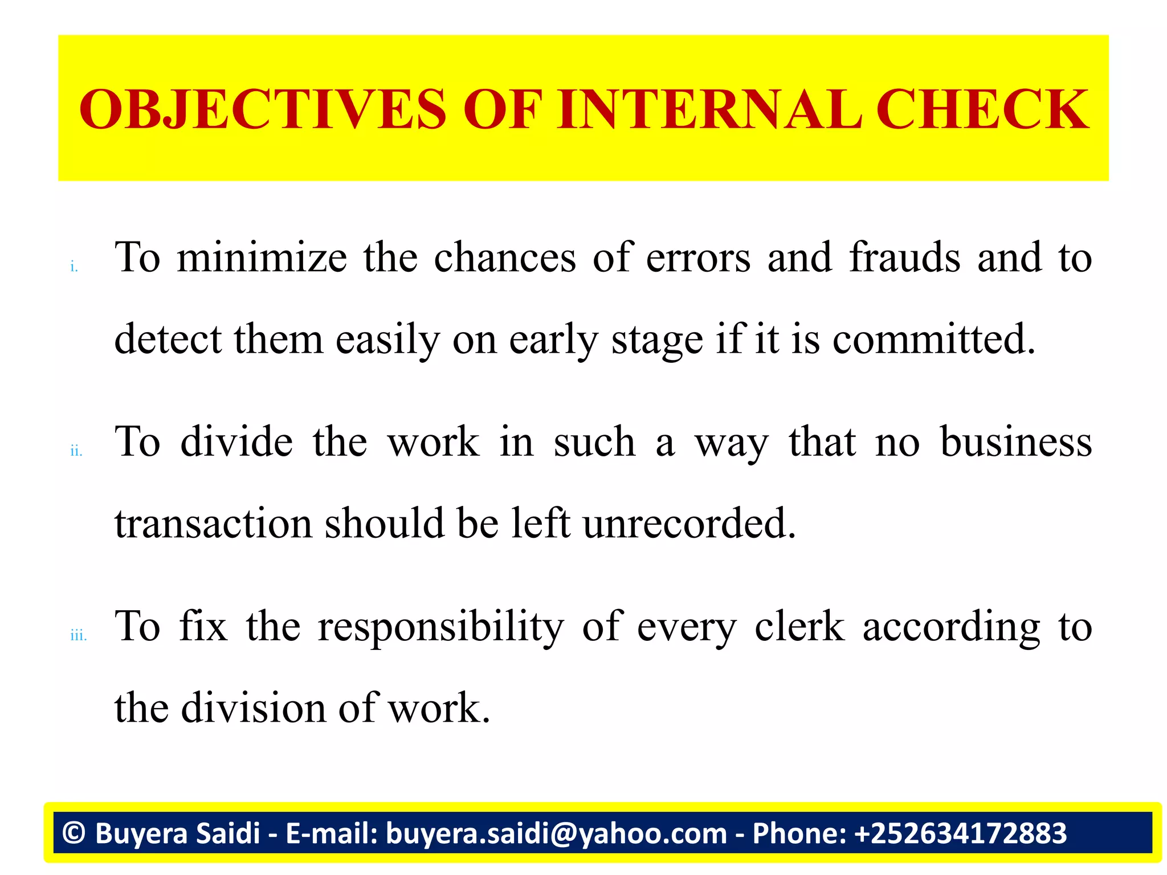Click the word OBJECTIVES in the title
263,109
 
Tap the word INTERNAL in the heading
709,109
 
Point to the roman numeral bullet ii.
76,451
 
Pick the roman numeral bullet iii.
79,636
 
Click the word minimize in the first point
262,257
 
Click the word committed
933,340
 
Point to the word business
1016,442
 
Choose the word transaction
213,524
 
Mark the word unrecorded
689,524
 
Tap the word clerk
799,627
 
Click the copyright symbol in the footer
74,833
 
